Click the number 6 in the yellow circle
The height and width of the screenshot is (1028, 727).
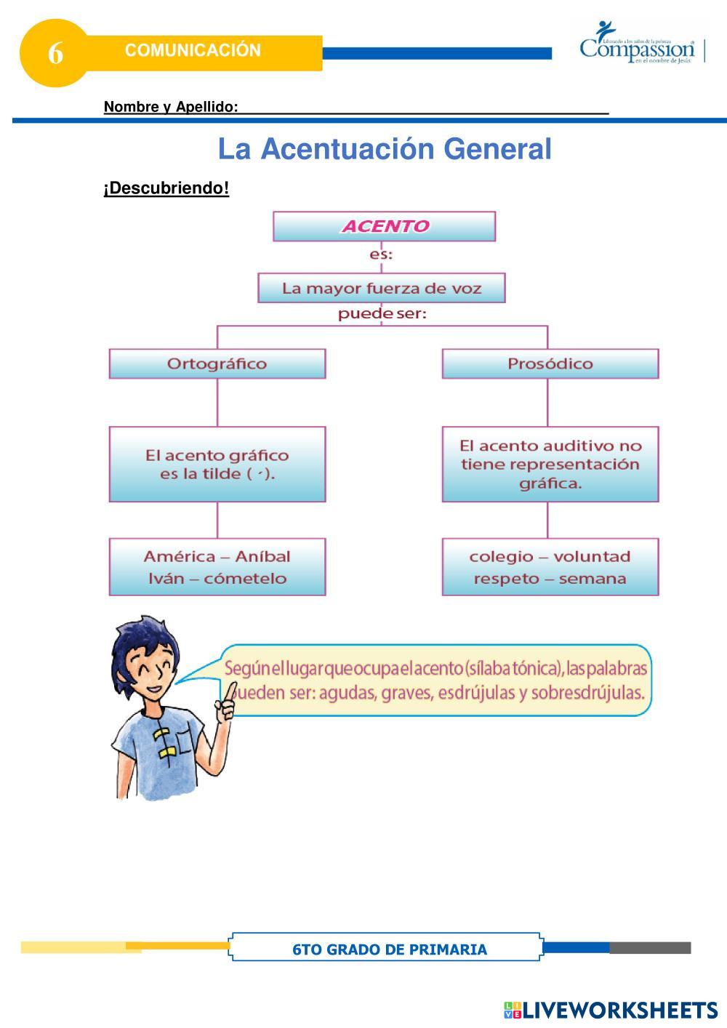click(x=55, y=53)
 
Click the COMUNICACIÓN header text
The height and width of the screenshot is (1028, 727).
click(x=193, y=50)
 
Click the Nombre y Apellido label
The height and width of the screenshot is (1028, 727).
click(x=170, y=107)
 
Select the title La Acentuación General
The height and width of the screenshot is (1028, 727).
click(x=385, y=149)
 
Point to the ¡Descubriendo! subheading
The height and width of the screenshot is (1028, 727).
click(x=166, y=188)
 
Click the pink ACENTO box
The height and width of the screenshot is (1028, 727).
click(x=384, y=226)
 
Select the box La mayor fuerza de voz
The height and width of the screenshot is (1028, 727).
click(x=382, y=288)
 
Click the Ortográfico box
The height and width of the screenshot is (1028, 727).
click(x=217, y=364)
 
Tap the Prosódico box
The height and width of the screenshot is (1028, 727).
click(x=550, y=364)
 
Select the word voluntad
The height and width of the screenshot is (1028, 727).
click(x=592, y=557)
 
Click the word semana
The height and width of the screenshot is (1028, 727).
click(x=593, y=579)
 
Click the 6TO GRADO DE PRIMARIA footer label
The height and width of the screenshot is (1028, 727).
click(x=390, y=949)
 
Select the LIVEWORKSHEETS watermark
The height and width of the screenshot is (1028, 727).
click(x=611, y=1010)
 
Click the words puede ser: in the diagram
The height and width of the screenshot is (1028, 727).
click(x=382, y=314)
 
